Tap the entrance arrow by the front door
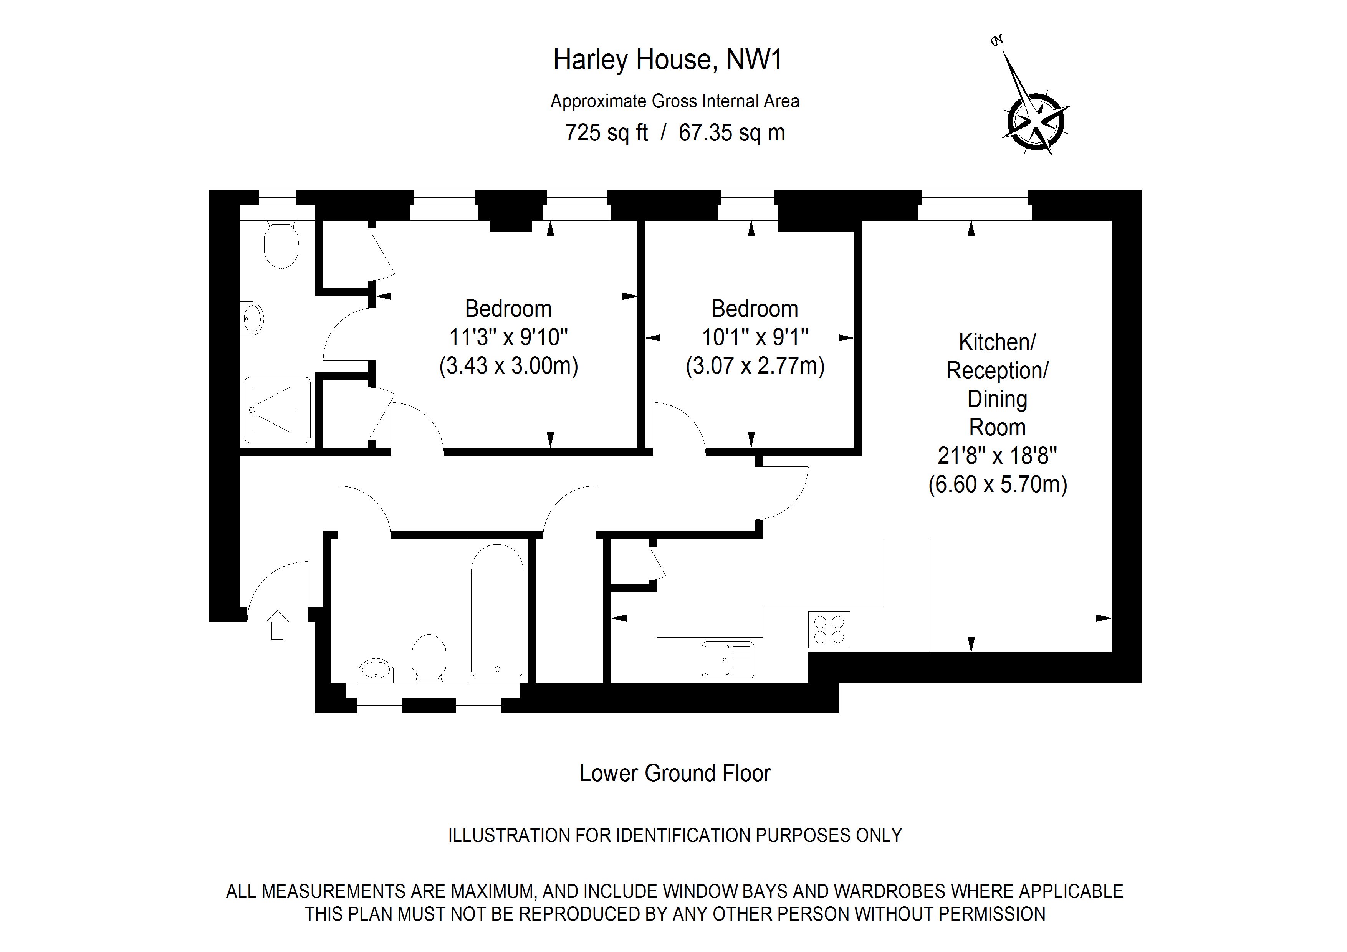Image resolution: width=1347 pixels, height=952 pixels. point(278,625)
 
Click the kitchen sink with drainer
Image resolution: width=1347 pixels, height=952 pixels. point(728,660)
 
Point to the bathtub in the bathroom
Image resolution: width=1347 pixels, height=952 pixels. point(496,611)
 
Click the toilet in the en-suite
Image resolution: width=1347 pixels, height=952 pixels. point(281,245)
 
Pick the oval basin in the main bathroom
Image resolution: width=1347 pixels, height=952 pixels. point(376,669)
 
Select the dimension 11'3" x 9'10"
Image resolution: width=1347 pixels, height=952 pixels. point(509,337)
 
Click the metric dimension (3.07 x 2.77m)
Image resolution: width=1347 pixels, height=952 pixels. point(755,366)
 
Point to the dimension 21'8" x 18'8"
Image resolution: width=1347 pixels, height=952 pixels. point(997,456)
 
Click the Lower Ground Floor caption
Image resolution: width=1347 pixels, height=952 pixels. point(675,773)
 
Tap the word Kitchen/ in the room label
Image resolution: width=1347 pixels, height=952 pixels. point(997,342)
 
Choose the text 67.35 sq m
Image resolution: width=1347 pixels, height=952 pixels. point(731,133)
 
